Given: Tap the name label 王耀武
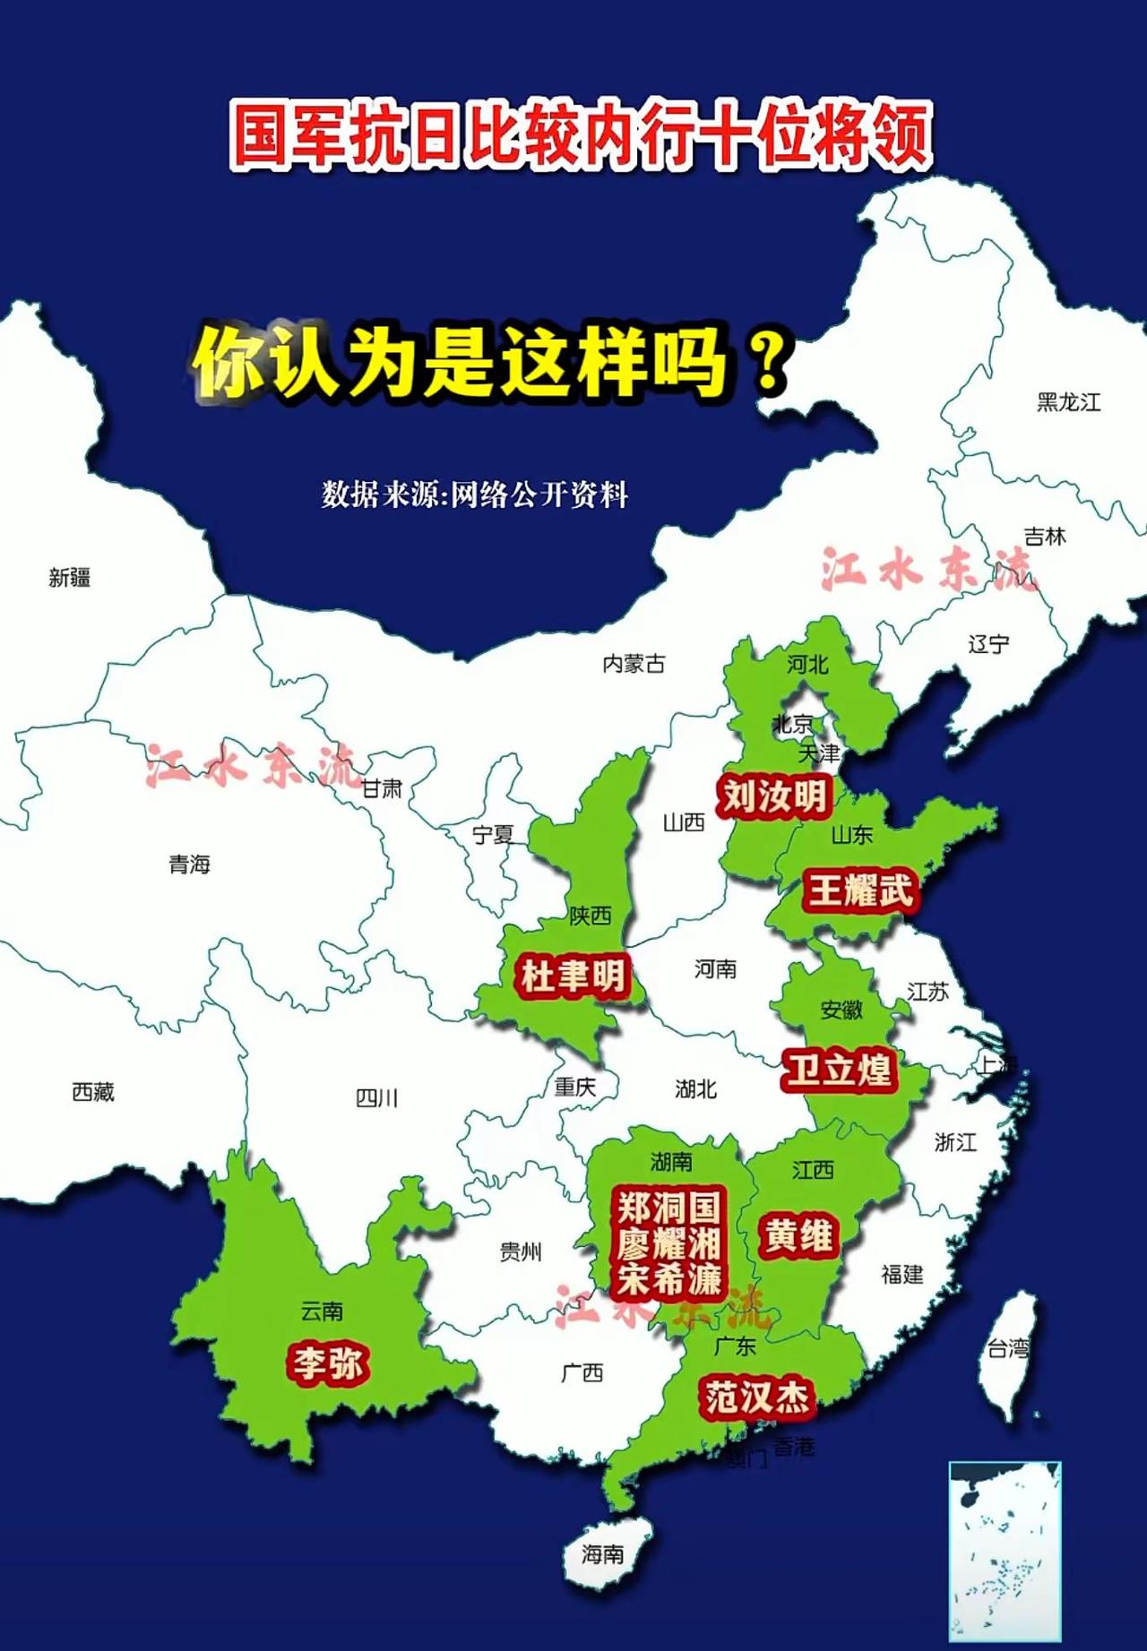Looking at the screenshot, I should tap(859, 890).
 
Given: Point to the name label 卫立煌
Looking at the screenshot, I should tap(839, 1070).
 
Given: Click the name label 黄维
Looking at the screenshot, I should tap(798, 1236).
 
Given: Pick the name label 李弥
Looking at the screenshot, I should tap(327, 1363).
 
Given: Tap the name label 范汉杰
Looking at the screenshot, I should tap(757, 1397).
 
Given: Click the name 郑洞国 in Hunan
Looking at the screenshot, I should tap(668, 1208).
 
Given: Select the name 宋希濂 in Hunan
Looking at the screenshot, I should tap(668, 1279).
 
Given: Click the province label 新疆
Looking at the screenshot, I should tap(70, 578).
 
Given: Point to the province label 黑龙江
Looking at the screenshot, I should tap(1068, 402).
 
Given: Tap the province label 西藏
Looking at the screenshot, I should tap(93, 1092).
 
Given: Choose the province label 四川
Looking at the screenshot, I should tap(376, 1097).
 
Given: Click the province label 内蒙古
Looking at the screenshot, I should tap(634, 664).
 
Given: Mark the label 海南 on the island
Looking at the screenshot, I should tap(602, 1553).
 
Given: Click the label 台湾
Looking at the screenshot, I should tap(1008, 1347).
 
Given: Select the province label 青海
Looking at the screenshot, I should tap(189, 864).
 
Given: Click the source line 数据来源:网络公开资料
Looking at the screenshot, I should tap(475, 494).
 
